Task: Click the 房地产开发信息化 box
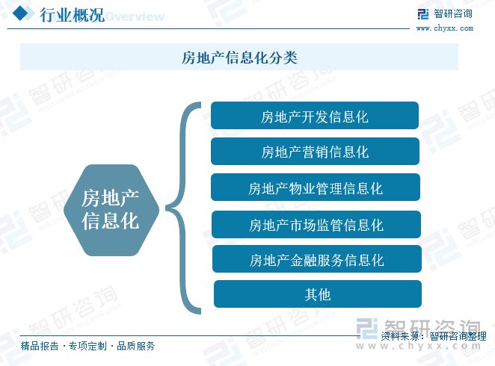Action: click(x=315, y=115)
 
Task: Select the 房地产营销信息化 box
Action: click(x=315, y=151)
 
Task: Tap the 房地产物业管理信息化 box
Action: click(x=316, y=187)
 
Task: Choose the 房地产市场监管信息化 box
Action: click(x=316, y=224)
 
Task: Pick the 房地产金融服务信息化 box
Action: click(x=317, y=259)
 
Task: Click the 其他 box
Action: click(x=318, y=294)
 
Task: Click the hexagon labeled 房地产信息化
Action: click(x=111, y=210)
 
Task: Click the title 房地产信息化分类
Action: click(x=239, y=58)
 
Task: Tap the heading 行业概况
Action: click(x=72, y=15)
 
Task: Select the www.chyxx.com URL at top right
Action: click(x=445, y=28)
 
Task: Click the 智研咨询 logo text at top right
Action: click(x=453, y=14)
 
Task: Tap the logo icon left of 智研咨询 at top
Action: click(x=423, y=14)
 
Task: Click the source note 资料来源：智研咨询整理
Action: click(x=434, y=336)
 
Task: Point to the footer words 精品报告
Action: click(x=40, y=346)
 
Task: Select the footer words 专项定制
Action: click(x=87, y=346)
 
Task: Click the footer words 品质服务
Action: click(x=136, y=346)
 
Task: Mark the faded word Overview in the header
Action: click(x=135, y=16)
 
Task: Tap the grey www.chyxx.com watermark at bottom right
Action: click(x=419, y=346)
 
